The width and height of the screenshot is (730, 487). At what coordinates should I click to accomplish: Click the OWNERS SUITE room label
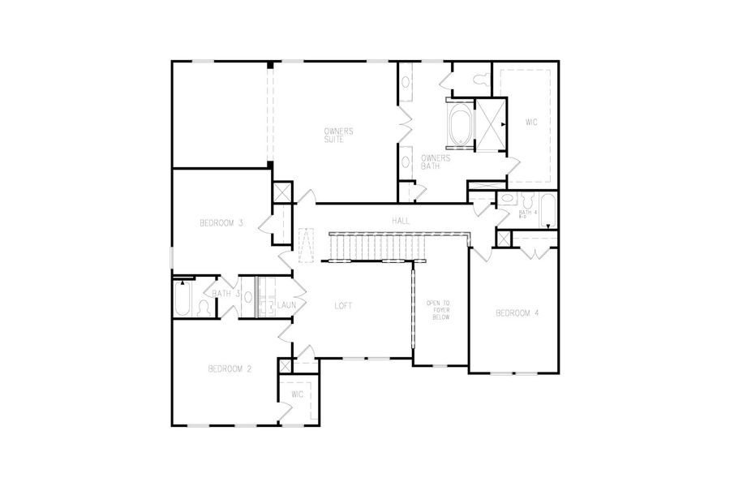[337, 135]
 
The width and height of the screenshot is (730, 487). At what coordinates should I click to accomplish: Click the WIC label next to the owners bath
[531, 123]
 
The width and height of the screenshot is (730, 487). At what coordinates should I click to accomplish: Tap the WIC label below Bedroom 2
[297, 394]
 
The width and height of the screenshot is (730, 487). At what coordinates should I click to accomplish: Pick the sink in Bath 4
[506, 200]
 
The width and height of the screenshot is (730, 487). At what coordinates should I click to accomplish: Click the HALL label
[400, 221]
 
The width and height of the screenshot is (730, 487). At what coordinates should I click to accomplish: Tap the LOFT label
[344, 306]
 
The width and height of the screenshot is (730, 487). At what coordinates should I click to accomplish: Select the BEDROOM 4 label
[517, 313]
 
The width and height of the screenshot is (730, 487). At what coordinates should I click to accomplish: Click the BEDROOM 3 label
[221, 223]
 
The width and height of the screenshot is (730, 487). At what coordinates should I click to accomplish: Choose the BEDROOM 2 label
[230, 368]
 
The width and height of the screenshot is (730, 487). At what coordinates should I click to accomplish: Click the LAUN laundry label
[286, 305]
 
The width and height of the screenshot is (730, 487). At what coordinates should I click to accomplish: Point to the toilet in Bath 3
[204, 308]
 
